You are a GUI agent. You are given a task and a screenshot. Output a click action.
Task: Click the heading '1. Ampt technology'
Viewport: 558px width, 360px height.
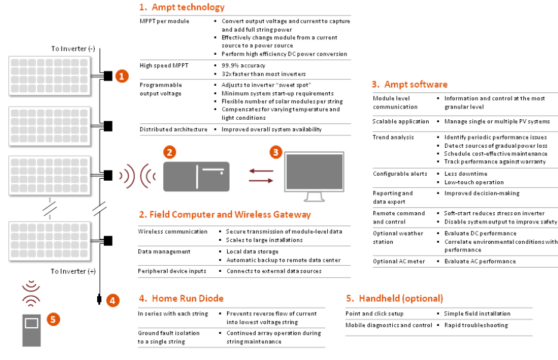pyautogui.click(x=182, y=8)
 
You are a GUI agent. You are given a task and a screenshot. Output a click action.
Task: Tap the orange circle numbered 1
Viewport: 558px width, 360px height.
pyautogui.click(x=122, y=76)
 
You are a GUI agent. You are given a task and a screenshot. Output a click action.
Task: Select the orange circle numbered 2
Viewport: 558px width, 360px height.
pyautogui.click(x=170, y=152)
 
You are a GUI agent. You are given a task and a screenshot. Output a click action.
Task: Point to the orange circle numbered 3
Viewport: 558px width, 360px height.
pyautogui.click(x=275, y=152)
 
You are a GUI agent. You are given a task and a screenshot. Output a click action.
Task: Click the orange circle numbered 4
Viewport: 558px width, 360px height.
pyautogui.click(x=113, y=300)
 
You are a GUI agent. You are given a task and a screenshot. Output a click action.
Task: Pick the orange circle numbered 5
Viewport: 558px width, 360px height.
pyautogui.click(x=53, y=319)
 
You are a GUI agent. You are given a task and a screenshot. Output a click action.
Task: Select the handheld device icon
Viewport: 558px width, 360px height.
pyautogui.click(x=32, y=328)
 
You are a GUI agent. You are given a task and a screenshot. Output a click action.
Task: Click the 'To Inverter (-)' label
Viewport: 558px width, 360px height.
pyautogui.click(x=73, y=48)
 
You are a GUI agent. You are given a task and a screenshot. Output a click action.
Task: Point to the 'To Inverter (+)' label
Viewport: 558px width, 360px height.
pyautogui.click(x=73, y=271)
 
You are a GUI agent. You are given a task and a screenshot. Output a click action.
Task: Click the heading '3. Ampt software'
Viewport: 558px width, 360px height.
pyautogui.click(x=409, y=85)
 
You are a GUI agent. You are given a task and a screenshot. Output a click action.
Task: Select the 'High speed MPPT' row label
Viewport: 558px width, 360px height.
pyautogui.click(x=160, y=65)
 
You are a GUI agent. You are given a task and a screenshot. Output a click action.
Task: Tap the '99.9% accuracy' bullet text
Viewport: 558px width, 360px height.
pyautogui.click(x=243, y=65)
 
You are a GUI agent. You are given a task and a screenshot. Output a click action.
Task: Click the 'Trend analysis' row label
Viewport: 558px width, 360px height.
pyautogui.click(x=393, y=137)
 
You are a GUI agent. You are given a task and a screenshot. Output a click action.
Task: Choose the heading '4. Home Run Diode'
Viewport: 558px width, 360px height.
pyautogui.click(x=181, y=298)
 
